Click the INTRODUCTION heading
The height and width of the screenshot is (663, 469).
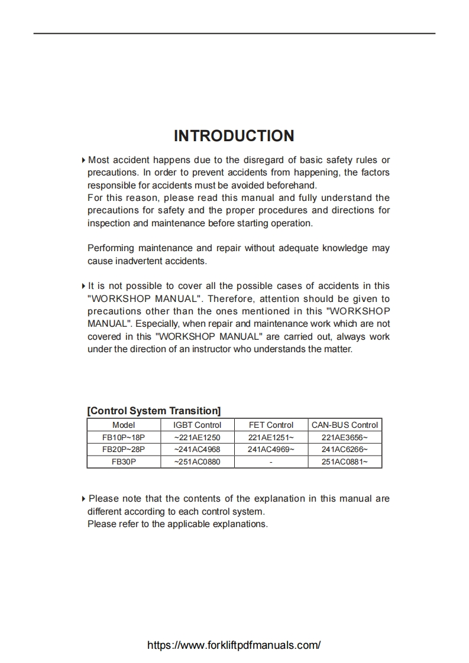click(x=234, y=136)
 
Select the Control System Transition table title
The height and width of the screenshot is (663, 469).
click(x=154, y=411)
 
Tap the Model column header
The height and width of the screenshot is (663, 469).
click(x=124, y=425)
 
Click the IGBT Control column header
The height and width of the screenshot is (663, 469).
click(x=197, y=425)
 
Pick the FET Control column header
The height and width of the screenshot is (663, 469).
click(x=271, y=425)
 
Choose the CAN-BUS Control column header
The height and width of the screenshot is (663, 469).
click(x=344, y=425)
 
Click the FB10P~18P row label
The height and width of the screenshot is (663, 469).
click(x=124, y=437)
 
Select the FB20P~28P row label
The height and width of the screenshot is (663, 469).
click(x=124, y=449)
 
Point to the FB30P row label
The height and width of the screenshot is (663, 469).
click(x=124, y=461)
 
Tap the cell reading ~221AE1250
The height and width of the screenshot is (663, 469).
click(x=197, y=437)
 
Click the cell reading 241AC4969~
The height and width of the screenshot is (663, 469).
click(x=271, y=449)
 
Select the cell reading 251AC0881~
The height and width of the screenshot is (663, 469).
click(x=344, y=461)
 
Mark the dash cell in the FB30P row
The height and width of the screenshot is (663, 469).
click(x=271, y=461)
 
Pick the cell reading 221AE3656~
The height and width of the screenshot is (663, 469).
click(x=344, y=437)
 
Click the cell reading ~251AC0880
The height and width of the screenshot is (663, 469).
click(x=197, y=461)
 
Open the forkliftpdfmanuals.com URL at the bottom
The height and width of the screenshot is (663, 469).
click(x=234, y=645)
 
